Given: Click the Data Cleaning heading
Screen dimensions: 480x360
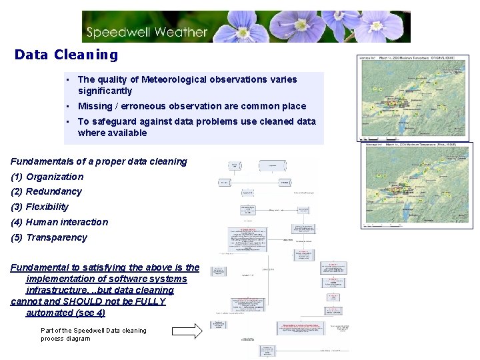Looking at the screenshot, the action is pos(66,55).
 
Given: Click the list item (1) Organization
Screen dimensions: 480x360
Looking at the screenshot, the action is pos(47,177).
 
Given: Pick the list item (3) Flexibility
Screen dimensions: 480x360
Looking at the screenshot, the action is pos(40,207).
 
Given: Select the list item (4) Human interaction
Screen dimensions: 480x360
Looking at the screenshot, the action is pos(59,222).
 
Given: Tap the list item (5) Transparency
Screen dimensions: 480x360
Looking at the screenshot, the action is pos(49,237).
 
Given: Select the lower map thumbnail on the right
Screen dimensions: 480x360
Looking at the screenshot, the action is pos(416,185).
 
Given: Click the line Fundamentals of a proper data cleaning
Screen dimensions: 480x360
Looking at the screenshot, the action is pos(99,161).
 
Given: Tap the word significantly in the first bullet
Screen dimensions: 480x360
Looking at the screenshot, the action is pos(105,91).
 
